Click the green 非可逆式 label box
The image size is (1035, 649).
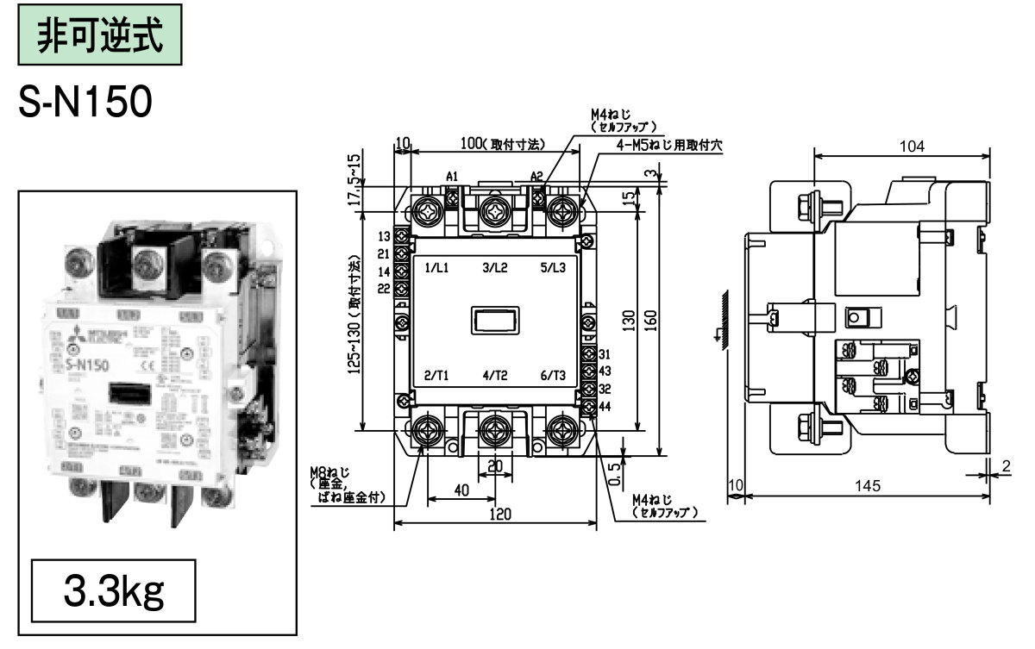click(x=100, y=35)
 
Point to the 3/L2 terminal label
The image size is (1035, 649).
click(x=495, y=268)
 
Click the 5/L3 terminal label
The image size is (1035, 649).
click(x=553, y=268)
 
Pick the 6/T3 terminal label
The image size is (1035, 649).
click(x=553, y=375)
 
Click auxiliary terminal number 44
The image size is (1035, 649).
click(x=605, y=405)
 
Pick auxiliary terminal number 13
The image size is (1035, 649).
click(x=384, y=236)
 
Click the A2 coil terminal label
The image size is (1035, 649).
click(x=536, y=177)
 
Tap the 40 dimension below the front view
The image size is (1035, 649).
click(x=461, y=490)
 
